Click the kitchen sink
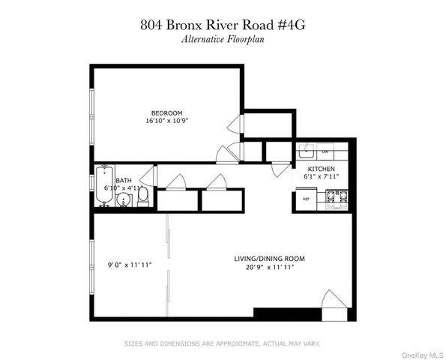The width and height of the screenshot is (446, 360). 307,150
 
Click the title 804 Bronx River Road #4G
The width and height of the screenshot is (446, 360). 223,24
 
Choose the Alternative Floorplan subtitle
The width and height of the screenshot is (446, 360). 223,39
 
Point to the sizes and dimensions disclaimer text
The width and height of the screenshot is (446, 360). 223,343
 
